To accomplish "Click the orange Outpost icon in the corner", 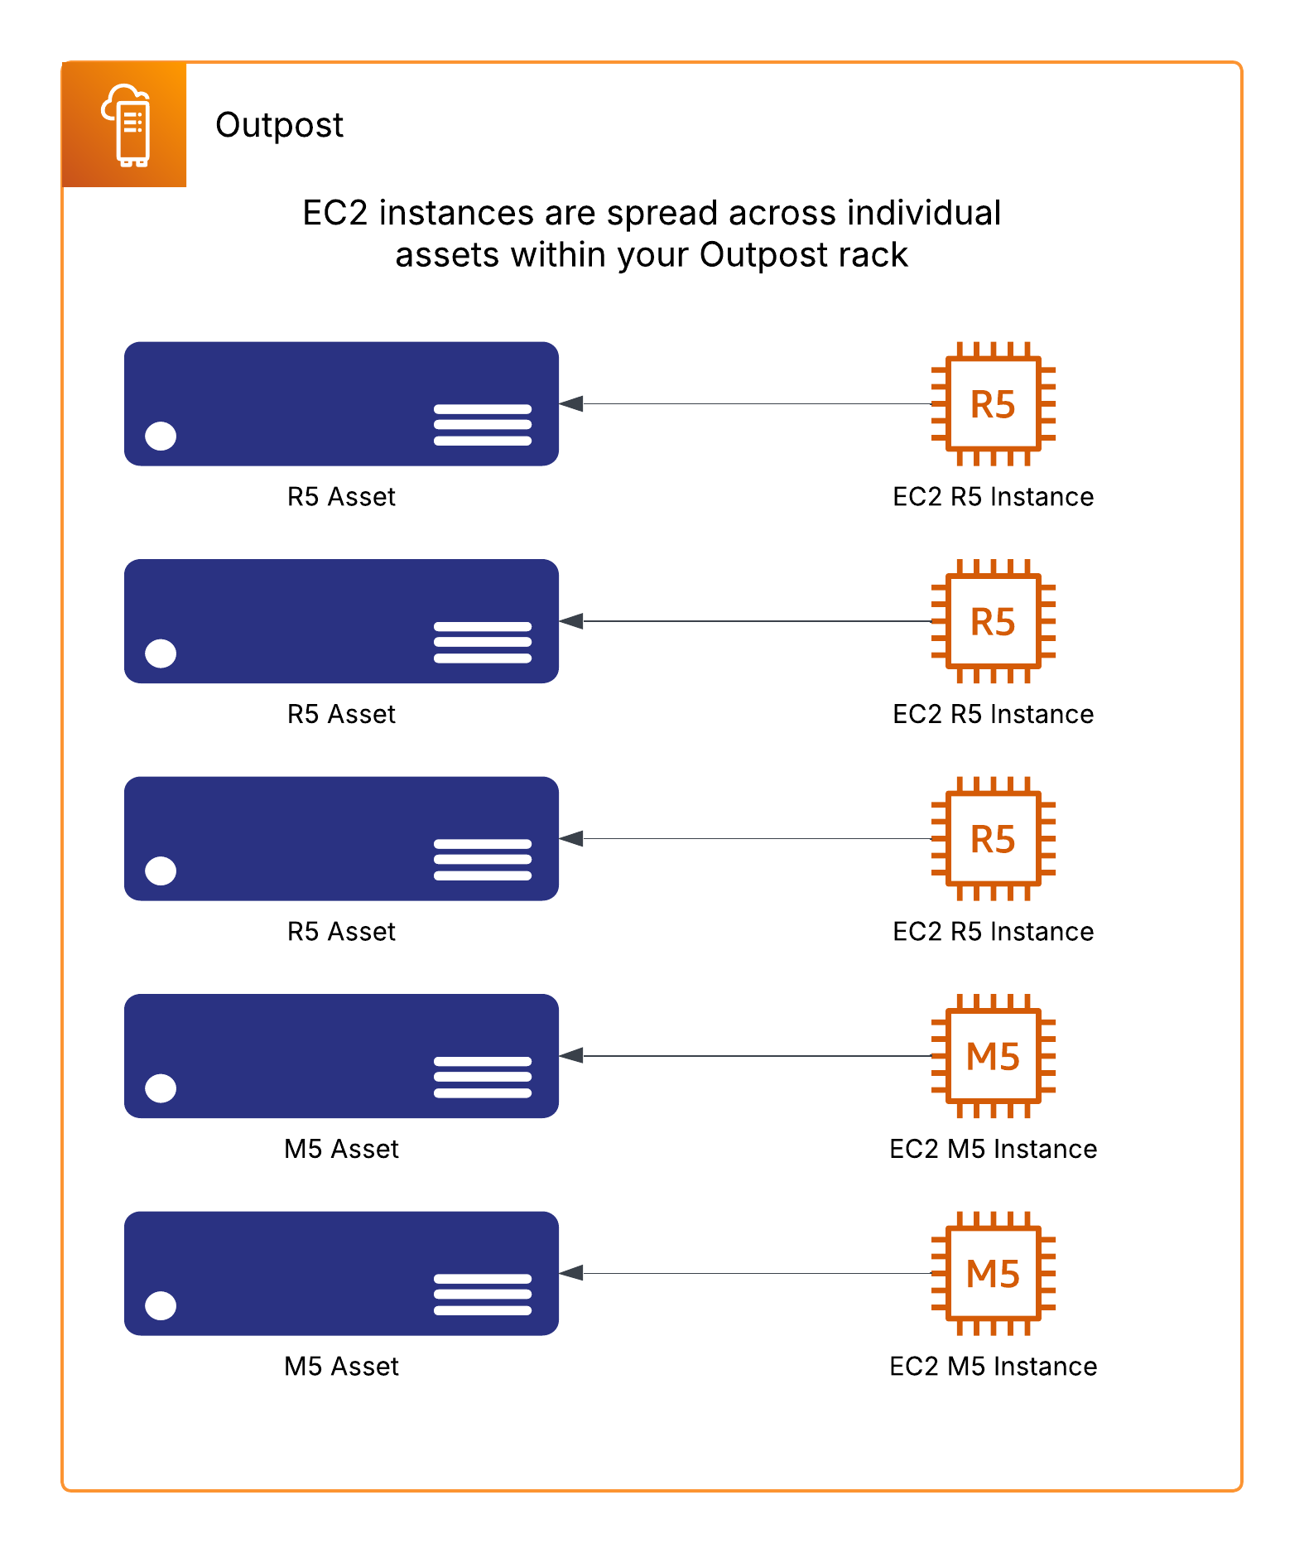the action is pos(124,124).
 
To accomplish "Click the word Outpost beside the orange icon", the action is pos(279,125).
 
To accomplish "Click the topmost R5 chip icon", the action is pos(993,404).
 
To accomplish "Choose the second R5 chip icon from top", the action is pos(993,621).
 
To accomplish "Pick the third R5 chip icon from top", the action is pos(993,839).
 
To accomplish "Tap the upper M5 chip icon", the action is pos(993,1056).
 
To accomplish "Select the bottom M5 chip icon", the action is pos(993,1274).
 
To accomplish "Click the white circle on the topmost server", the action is pos(161,436).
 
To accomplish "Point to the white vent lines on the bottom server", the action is pos(483,1295).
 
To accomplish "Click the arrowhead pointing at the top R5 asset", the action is pos(571,404).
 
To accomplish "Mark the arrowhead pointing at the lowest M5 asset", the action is pos(571,1273).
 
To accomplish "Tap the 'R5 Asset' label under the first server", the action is pos(341,497).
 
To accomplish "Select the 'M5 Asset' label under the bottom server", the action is pos(341,1367).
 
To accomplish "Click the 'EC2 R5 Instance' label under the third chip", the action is pos(993,932).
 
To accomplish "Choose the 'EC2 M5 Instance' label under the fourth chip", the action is pos(993,1149).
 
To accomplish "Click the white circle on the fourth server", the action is pos(161,1088).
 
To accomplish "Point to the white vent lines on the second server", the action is pos(483,643).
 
